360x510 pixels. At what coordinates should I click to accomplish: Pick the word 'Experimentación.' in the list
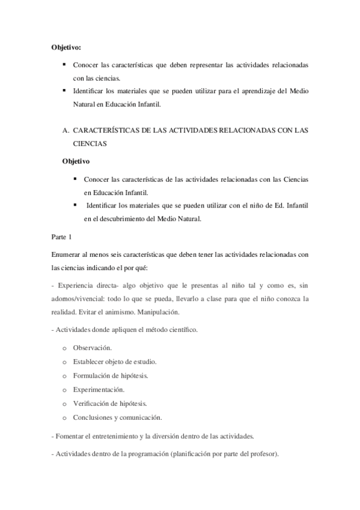[99, 389]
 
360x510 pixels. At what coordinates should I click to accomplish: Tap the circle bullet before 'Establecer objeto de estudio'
[64, 362]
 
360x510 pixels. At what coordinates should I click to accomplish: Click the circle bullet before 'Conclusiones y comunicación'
[64, 417]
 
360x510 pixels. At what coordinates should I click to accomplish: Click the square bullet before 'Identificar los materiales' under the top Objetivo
[64, 90]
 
